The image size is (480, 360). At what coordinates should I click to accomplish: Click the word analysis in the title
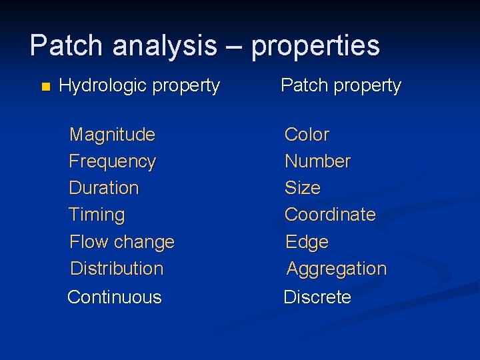165,46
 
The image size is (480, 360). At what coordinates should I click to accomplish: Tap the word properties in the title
315,46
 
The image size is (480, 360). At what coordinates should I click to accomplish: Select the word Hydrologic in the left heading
103,86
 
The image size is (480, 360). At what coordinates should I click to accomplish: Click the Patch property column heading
341,86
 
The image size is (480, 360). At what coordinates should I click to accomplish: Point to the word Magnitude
112,135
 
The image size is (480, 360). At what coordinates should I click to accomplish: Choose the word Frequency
112,161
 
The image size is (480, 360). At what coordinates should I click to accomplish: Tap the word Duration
104,188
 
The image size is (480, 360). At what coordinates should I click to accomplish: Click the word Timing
97,215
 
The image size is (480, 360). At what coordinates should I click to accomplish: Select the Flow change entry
122,242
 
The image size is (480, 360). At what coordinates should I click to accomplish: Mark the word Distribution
117,269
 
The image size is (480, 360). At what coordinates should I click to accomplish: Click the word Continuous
115,297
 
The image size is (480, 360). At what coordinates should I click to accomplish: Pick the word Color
307,135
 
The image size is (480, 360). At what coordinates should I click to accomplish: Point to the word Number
317,161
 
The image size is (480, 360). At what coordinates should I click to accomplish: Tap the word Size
303,188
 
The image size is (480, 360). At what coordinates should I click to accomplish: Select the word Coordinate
330,215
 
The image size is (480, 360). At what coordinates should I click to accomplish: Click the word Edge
307,242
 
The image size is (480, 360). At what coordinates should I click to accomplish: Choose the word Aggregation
336,269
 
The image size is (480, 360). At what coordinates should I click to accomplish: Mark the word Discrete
317,297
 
